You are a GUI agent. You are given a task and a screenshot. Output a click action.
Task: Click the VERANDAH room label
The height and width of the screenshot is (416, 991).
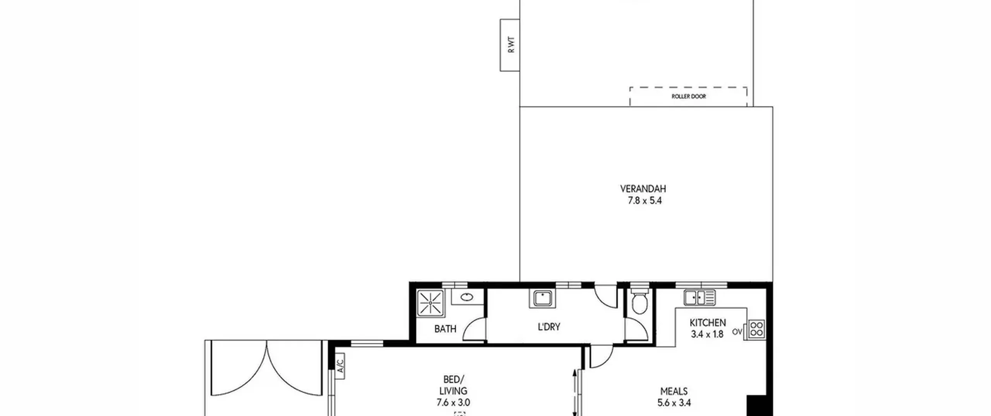[x=643, y=189]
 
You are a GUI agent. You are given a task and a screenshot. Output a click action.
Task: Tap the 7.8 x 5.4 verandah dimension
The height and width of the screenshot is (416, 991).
[x=645, y=201]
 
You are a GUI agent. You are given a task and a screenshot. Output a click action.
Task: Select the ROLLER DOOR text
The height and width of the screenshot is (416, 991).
[x=689, y=96]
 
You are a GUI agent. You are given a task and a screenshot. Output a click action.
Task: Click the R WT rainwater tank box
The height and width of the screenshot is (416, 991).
[x=510, y=45]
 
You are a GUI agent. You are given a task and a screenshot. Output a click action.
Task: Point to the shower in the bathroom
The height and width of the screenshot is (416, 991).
[x=430, y=303]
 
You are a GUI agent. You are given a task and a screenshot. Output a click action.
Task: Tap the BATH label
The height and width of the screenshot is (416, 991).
[x=445, y=329]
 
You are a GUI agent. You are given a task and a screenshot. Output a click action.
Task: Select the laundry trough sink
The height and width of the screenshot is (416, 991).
[x=542, y=299]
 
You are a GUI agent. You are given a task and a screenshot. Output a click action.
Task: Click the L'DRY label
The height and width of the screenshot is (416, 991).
[x=549, y=327]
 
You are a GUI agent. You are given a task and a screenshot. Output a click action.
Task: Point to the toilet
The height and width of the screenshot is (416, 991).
[x=639, y=300]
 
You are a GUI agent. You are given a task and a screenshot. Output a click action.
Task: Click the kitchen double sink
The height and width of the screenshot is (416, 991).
[x=699, y=297]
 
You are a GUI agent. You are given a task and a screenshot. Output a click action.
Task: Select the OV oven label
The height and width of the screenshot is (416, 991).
[x=737, y=332]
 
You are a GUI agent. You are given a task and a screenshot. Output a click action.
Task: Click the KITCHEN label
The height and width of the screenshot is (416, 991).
[x=708, y=322]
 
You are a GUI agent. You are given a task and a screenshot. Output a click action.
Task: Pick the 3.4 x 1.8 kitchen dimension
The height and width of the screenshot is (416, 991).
[x=707, y=334]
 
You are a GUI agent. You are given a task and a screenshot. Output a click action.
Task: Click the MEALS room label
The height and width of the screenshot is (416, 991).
[x=674, y=391]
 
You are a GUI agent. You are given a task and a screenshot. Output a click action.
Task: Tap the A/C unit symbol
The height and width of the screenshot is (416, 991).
[x=340, y=366]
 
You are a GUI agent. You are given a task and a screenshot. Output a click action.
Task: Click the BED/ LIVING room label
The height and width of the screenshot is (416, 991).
[x=453, y=385]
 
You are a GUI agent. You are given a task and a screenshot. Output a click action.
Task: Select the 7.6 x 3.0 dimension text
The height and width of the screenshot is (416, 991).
[x=453, y=402]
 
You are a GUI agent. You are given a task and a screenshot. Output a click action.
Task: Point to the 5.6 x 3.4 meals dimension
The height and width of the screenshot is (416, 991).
[x=674, y=403]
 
